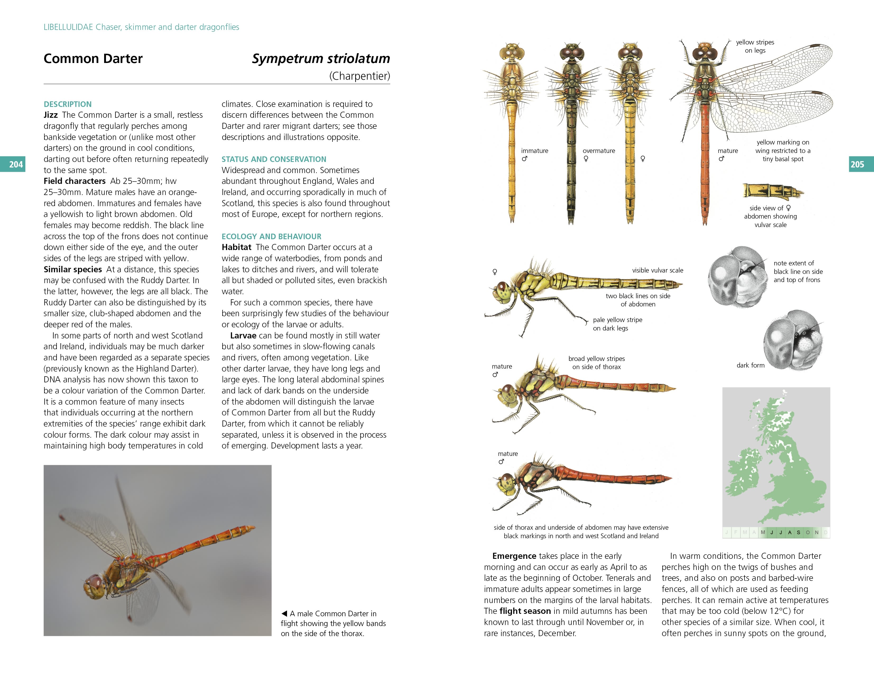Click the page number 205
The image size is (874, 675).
(857, 164)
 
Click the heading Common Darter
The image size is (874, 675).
(93, 58)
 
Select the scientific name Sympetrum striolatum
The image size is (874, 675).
(321, 58)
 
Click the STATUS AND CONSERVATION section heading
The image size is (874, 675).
(274, 159)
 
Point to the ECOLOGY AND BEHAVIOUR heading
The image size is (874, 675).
(271, 236)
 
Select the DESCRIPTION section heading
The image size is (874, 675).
(68, 104)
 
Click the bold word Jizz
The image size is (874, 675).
(50, 115)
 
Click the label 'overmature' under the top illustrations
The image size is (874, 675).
(599, 151)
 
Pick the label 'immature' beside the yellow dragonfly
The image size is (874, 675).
(534, 151)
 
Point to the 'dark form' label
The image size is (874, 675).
(750, 365)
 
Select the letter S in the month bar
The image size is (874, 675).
(798, 532)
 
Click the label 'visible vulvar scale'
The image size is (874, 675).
(658, 270)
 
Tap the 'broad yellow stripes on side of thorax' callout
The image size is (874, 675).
(596, 363)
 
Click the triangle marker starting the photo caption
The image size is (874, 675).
(284, 613)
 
